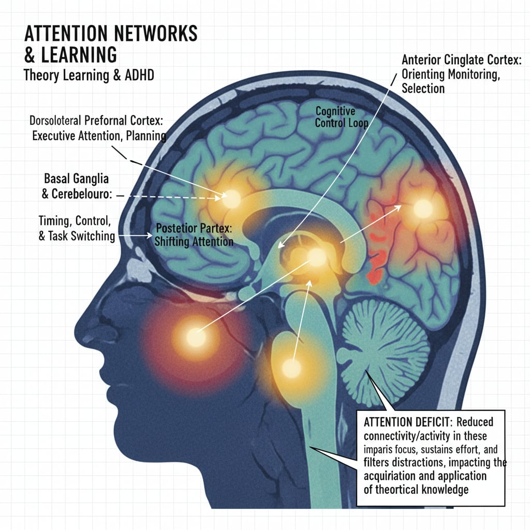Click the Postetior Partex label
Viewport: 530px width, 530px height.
(194, 228)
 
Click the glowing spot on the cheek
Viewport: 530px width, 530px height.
(196, 337)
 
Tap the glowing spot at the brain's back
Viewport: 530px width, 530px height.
(423, 209)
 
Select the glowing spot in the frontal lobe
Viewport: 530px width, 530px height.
(231, 198)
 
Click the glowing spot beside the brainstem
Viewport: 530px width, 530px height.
(291, 369)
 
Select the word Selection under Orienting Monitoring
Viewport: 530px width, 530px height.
(423, 89)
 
